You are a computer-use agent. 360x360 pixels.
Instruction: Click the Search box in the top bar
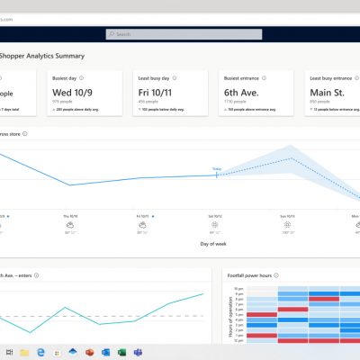[180, 34]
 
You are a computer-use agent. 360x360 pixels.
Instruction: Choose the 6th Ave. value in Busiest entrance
[242, 92]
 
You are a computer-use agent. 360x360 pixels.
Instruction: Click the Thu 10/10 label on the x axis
[70, 217]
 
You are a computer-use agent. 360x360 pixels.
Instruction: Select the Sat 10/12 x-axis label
[216, 217]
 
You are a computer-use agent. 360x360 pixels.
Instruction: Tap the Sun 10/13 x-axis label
[288, 217]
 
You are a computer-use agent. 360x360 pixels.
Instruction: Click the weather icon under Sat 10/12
[216, 226]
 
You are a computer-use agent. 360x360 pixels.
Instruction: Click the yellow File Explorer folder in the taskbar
[24, 351]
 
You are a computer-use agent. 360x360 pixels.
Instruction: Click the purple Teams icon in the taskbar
[138, 351]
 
